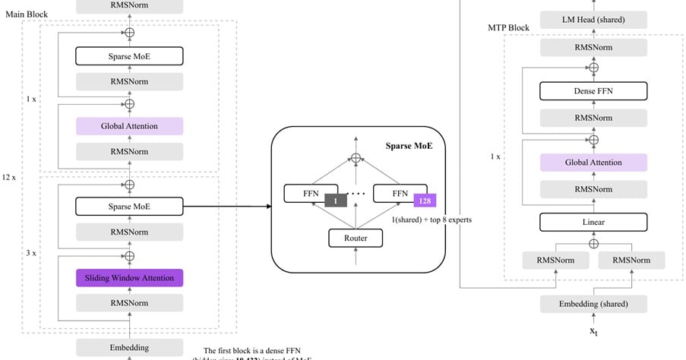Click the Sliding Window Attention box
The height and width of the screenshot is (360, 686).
(x=129, y=278)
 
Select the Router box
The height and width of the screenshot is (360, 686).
(x=356, y=238)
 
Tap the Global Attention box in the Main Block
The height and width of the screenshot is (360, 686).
(x=129, y=126)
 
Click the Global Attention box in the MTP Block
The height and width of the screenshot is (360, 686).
(x=593, y=163)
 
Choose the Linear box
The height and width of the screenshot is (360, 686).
(x=593, y=222)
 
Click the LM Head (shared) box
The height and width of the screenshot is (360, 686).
(x=593, y=20)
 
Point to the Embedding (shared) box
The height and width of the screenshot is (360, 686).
(x=593, y=304)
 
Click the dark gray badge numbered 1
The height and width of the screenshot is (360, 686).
(x=335, y=201)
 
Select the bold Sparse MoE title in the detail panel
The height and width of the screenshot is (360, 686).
(x=409, y=144)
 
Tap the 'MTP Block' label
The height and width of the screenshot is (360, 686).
(x=508, y=28)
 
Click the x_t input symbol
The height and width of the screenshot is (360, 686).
(x=593, y=331)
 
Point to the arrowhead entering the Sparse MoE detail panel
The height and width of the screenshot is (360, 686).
(x=267, y=206)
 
